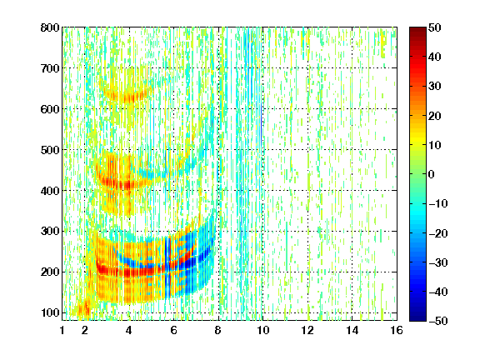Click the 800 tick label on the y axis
[x=50, y=27]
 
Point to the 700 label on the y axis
[x=50, y=68]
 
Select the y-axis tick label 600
[x=50, y=109]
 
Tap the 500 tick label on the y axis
[x=50, y=150]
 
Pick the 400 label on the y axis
[x=50, y=191]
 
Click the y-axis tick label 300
[x=50, y=232]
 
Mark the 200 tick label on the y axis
[x=50, y=272]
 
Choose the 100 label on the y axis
[x=50, y=312]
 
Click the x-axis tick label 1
[x=62, y=330]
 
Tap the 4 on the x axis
[x=129, y=330]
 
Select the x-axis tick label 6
[x=173, y=330]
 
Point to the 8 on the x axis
[x=218, y=330]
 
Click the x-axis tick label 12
[x=307, y=330]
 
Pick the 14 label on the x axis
[x=352, y=330]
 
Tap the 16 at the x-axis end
[x=397, y=330]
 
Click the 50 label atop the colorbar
[x=435, y=27]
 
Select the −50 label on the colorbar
[x=437, y=321]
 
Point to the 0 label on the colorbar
[x=432, y=174]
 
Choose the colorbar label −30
[x=437, y=262]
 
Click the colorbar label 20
[x=435, y=116]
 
